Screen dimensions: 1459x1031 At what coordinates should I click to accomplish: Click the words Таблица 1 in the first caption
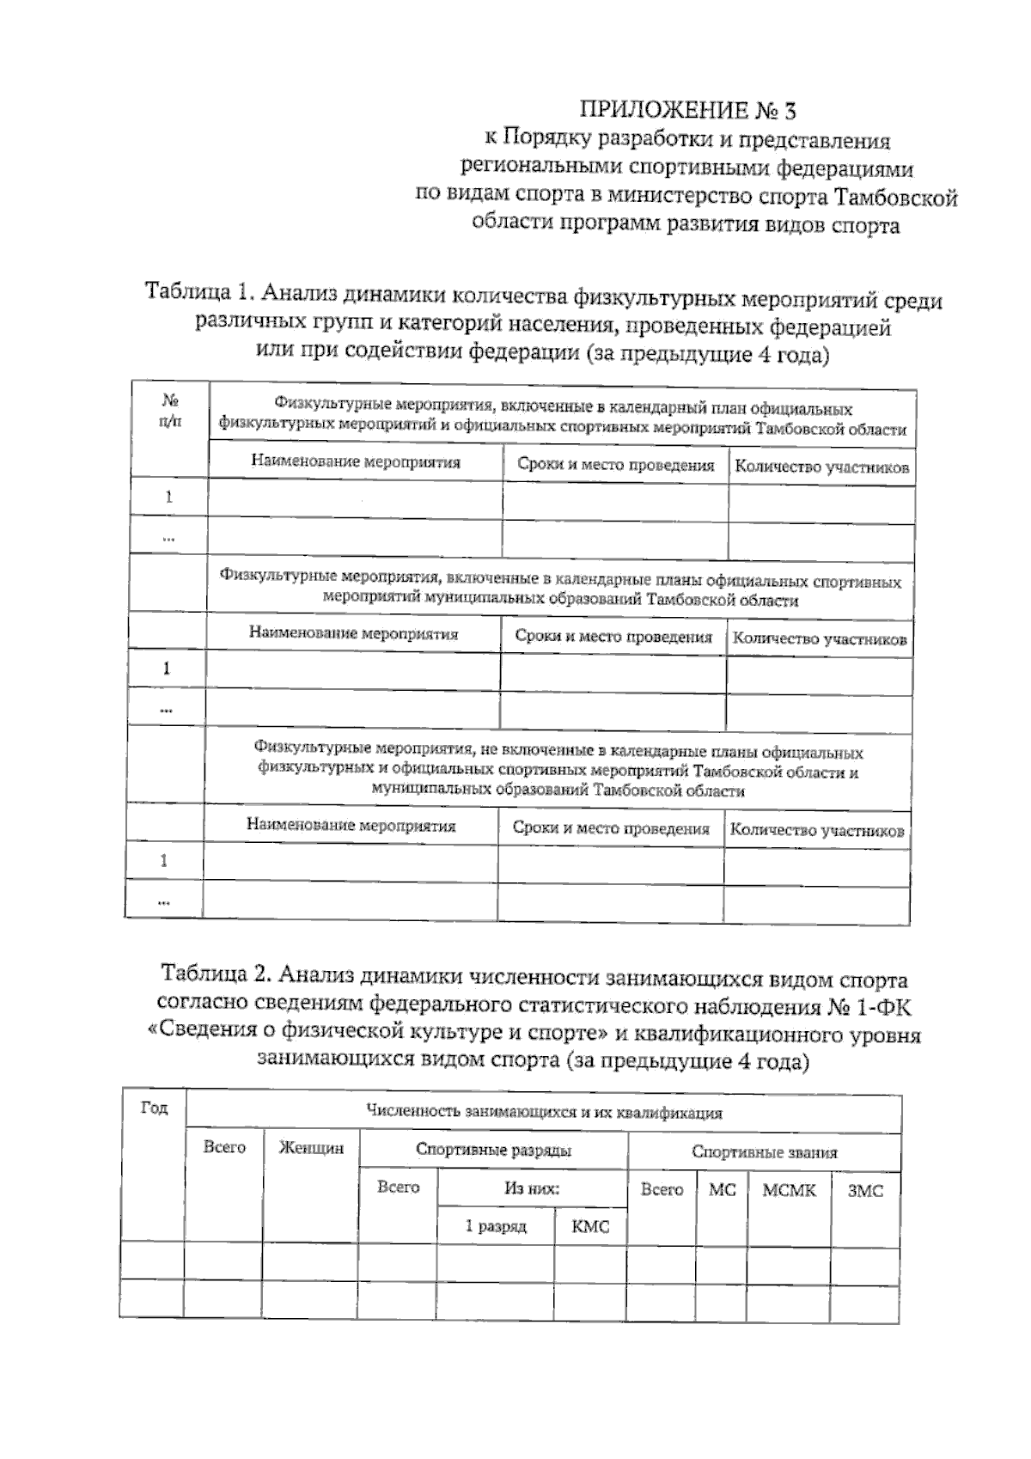(x=196, y=292)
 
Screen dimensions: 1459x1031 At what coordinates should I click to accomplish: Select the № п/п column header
(x=170, y=411)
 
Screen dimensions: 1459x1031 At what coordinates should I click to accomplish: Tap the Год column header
(x=154, y=1108)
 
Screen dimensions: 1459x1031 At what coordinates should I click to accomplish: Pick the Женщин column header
(x=311, y=1148)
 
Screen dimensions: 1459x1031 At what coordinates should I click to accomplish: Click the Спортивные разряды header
(x=493, y=1150)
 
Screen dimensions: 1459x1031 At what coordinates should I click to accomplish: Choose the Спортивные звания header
(x=764, y=1152)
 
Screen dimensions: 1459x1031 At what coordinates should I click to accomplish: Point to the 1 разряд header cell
(x=496, y=1226)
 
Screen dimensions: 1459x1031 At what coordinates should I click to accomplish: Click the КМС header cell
(x=589, y=1227)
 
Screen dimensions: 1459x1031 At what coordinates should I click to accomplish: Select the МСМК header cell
(x=789, y=1191)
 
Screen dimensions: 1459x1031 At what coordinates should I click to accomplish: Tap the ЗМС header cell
(x=864, y=1192)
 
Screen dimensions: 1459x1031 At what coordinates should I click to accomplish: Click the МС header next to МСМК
(x=722, y=1190)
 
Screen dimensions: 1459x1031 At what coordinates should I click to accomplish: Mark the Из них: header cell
(x=531, y=1189)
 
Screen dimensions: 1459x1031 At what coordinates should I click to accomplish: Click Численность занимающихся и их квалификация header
(x=543, y=1113)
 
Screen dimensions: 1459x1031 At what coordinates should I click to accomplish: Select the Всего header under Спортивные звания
(x=662, y=1190)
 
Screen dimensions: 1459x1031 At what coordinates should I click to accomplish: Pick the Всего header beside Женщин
(x=224, y=1147)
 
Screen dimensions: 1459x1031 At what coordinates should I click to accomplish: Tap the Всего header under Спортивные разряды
(x=398, y=1187)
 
